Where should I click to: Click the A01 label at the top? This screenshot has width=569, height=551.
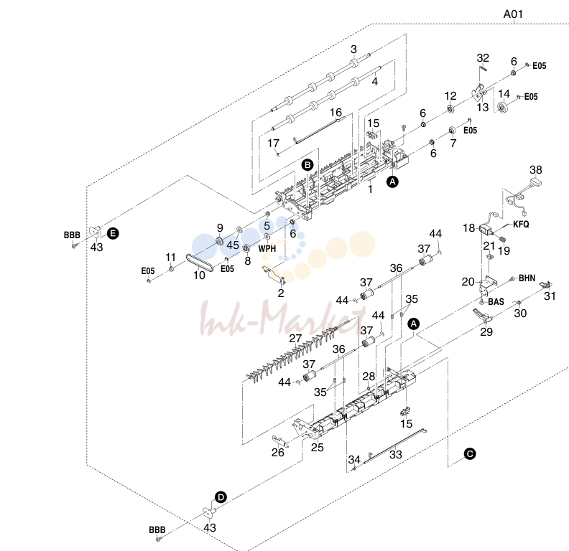(513, 14)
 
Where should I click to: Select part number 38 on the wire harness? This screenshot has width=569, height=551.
(536, 169)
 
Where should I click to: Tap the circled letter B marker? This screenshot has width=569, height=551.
(307, 165)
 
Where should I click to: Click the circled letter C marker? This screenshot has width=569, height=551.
(470, 454)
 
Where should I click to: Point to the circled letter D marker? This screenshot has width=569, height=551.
(221, 497)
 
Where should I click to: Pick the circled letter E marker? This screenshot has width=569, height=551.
(113, 233)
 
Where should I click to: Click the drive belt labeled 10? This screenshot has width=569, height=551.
(199, 263)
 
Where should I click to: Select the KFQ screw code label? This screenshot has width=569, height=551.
(521, 225)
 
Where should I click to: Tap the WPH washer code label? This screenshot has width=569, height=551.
(267, 249)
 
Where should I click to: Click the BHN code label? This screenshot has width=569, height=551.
(527, 278)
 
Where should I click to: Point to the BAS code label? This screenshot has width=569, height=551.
(496, 301)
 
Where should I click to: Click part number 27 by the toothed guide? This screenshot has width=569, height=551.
(295, 338)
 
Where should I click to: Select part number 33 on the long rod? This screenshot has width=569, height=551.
(396, 455)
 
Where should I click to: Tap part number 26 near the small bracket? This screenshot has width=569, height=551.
(277, 452)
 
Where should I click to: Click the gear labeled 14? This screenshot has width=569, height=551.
(502, 108)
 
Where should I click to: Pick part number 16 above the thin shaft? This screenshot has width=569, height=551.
(336, 113)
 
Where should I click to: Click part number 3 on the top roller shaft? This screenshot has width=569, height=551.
(353, 50)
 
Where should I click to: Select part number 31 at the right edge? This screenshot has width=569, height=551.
(550, 296)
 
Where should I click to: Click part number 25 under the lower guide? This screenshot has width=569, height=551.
(317, 447)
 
